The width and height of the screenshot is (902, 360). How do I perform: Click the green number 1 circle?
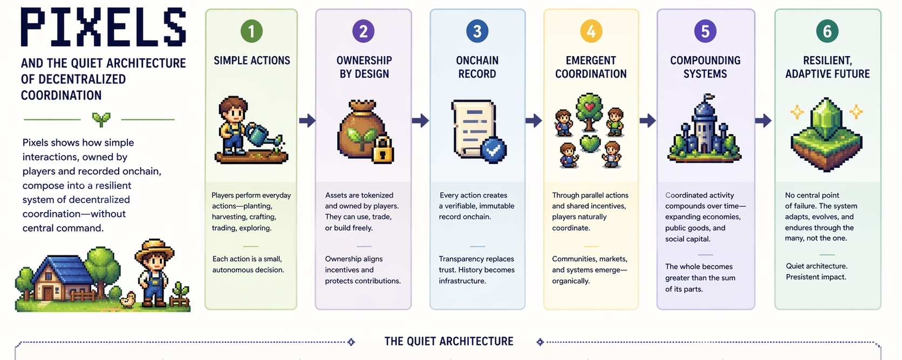(251, 31)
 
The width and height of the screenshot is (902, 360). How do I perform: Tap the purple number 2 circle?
(363, 31)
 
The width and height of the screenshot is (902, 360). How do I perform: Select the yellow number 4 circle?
(591, 31)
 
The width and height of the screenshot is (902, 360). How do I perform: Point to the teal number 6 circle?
(827, 31)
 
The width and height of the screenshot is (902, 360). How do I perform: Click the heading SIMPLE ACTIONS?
(252, 60)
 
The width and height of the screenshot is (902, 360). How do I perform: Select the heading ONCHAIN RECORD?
(477, 67)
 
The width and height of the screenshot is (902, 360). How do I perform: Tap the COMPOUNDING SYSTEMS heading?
(705, 67)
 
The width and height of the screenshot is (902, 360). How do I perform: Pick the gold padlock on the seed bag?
(382, 150)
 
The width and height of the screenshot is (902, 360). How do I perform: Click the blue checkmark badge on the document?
(494, 149)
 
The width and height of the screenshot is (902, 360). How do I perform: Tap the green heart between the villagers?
(590, 143)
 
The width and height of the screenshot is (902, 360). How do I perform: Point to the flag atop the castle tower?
(708, 98)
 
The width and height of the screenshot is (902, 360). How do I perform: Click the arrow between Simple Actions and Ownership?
(307, 120)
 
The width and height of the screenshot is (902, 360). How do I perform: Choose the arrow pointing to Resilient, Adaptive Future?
(763, 120)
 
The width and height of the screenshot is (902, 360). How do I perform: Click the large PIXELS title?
(104, 27)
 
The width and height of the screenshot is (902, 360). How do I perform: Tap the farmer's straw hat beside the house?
(155, 249)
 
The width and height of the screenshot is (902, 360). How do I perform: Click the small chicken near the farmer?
(128, 300)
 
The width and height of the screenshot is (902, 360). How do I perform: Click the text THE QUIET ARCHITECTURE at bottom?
(449, 342)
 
